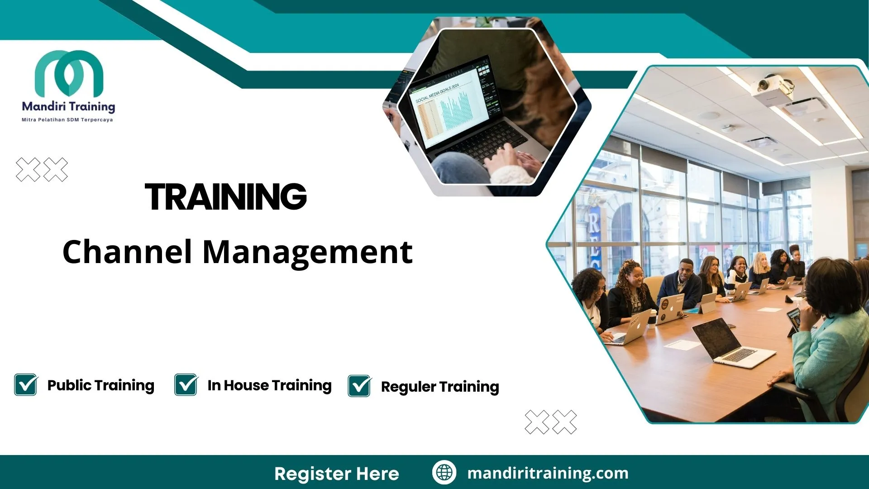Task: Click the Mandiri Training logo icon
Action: [69, 73]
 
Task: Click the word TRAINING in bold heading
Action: [225, 197]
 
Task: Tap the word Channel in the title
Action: [127, 252]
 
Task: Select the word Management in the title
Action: [307, 252]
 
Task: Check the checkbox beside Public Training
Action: [26, 384]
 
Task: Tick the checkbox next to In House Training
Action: [186, 384]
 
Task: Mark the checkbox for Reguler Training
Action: [359, 386]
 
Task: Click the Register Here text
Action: [337, 474]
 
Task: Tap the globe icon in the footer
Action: [444, 472]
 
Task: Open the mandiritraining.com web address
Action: [548, 473]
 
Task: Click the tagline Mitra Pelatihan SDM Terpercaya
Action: [67, 120]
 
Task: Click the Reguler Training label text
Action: [440, 387]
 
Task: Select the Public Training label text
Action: [101, 385]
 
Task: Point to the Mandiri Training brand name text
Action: [68, 106]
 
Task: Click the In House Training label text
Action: [269, 385]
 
